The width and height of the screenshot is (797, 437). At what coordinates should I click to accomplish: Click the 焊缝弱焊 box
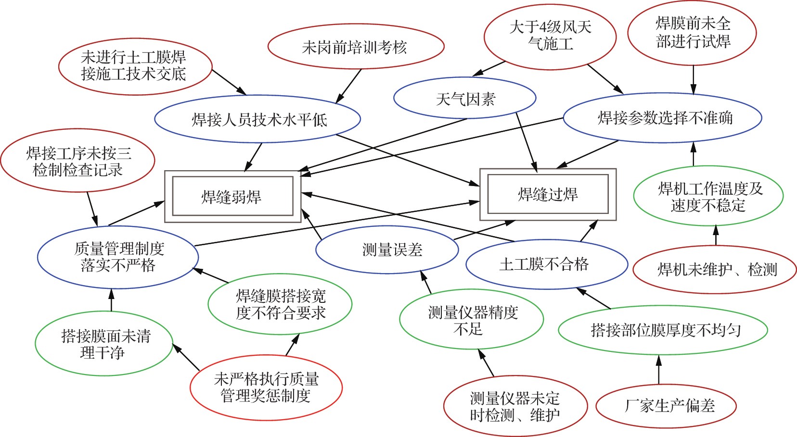(x=232, y=196)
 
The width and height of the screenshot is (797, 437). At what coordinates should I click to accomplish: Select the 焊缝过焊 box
(x=548, y=194)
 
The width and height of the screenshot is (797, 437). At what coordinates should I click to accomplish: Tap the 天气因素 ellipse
(x=465, y=99)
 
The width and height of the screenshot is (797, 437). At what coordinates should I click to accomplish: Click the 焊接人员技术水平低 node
(x=258, y=119)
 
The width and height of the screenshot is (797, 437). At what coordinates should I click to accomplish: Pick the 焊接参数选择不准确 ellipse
(x=663, y=118)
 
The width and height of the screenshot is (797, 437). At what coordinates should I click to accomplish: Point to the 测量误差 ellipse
(x=387, y=250)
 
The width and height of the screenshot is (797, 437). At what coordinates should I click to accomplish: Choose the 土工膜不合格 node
(x=547, y=264)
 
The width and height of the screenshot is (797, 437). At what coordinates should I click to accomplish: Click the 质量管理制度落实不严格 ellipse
(x=118, y=257)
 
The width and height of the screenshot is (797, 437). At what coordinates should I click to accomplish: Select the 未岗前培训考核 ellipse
(x=356, y=47)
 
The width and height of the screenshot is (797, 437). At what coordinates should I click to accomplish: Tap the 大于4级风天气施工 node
(x=550, y=36)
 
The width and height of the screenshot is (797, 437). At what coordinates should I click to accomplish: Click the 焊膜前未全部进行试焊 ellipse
(x=693, y=33)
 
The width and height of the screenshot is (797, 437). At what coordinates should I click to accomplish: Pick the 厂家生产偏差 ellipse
(x=667, y=406)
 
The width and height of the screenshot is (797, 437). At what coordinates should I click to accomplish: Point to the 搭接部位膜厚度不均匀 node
(x=663, y=330)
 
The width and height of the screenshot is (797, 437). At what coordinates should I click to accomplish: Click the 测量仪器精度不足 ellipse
(x=472, y=320)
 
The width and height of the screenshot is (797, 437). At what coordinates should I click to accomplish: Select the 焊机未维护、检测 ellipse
(x=715, y=270)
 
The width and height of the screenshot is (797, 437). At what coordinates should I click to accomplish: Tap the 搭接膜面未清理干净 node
(x=104, y=343)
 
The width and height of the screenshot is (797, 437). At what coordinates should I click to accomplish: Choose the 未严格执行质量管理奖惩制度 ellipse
(x=266, y=387)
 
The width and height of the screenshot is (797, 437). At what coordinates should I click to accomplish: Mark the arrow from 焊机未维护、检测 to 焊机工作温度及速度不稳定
(x=716, y=236)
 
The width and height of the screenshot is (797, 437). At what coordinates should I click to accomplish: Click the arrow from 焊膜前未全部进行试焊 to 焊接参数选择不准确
(x=693, y=79)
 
